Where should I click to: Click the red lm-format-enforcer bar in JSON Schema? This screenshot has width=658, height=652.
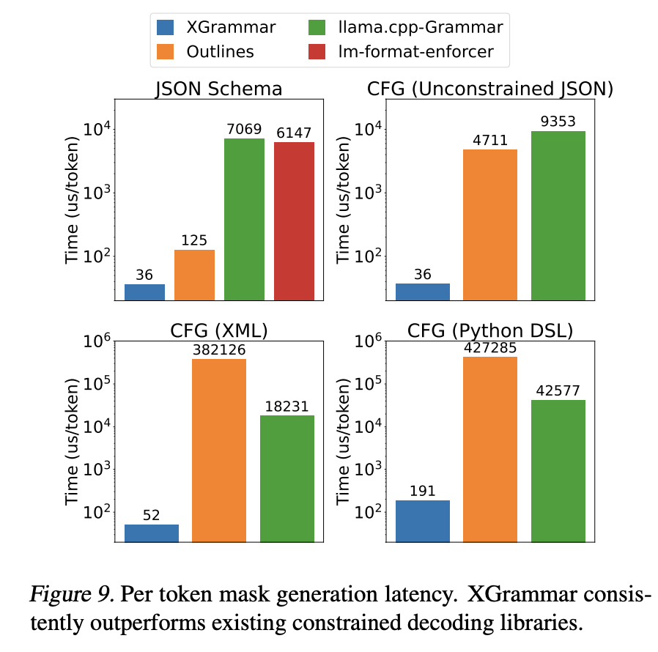(x=294, y=221)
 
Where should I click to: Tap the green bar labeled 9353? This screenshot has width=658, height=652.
(x=558, y=215)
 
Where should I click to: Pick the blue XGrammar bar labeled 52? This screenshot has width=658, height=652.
(x=152, y=533)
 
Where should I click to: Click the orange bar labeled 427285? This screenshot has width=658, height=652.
(x=490, y=449)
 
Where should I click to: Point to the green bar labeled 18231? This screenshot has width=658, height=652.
(x=287, y=478)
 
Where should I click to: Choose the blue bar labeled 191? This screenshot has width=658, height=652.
(x=423, y=521)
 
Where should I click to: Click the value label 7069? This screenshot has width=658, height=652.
(x=244, y=130)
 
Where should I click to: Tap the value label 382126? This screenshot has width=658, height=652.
(x=219, y=349)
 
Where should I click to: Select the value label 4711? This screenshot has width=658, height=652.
(x=490, y=140)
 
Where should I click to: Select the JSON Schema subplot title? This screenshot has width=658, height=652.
(x=219, y=89)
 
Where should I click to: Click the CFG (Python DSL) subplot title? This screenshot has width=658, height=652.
(x=490, y=330)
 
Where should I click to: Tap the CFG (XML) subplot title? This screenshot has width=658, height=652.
(x=219, y=330)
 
